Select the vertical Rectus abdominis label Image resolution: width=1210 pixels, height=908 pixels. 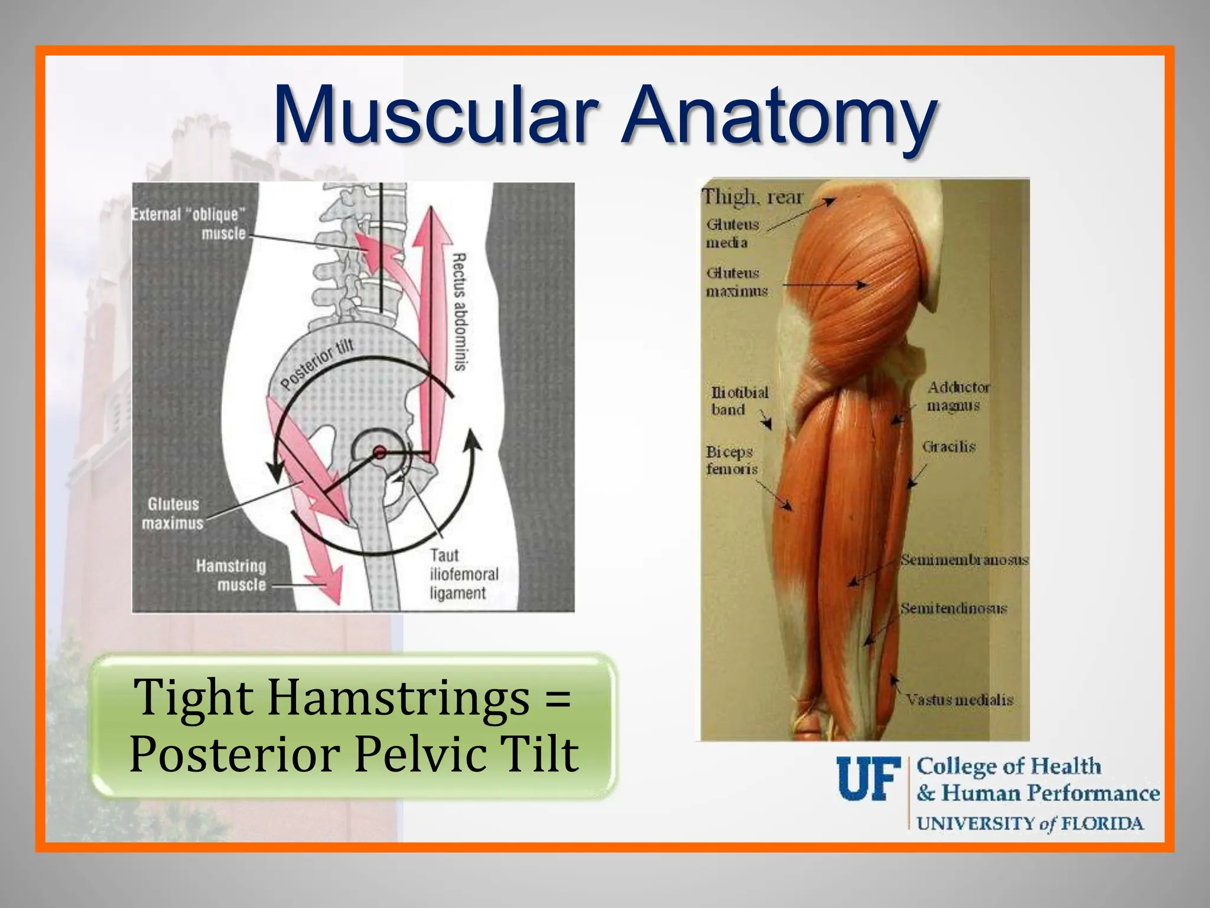tap(459, 312)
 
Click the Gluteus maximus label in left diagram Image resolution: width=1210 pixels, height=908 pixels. tap(173, 513)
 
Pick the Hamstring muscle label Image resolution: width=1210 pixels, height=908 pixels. tap(232, 575)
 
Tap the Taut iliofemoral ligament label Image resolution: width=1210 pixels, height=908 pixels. tap(463, 574)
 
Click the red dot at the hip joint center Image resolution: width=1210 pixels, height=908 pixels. tap(380, 453)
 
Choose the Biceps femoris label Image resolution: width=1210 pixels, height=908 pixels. tap(731, 460)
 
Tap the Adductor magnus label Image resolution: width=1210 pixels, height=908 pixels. tap(957, 396)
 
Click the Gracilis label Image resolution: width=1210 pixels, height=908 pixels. tap(948, 446)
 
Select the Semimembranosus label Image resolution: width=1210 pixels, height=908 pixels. tap(964, 559)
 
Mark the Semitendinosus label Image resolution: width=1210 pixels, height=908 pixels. tap(953, 608)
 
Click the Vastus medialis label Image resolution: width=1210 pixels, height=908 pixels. tap(959, 700)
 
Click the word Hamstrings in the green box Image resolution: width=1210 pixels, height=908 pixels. tap(399, 698)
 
